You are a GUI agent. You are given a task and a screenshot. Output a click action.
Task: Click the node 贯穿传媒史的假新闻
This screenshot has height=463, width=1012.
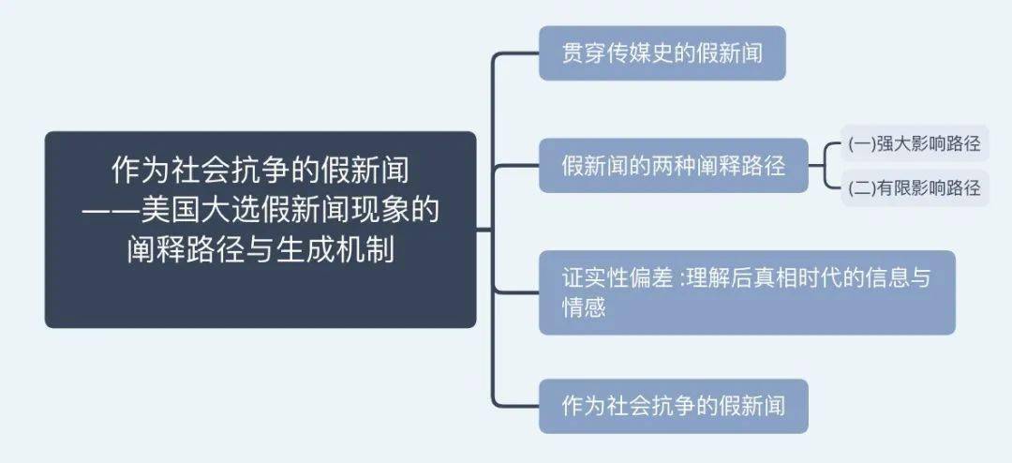click(x=662, y=52)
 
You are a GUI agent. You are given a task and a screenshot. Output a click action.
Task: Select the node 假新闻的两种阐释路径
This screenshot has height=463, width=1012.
click(x=673, y=165)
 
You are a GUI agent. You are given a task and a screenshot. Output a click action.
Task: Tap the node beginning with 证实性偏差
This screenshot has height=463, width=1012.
click(x=747, y=292)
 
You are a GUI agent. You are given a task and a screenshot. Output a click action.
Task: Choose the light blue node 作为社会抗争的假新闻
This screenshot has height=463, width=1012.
click(x=673, y=406)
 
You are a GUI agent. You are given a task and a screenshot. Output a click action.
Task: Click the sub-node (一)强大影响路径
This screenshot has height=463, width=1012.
click(x=915, y=143)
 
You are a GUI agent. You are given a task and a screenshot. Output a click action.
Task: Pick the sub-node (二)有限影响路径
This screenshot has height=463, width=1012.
click(x=915, y=187)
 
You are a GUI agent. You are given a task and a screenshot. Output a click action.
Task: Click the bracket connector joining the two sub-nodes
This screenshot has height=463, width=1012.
click(x=826, y=165)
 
